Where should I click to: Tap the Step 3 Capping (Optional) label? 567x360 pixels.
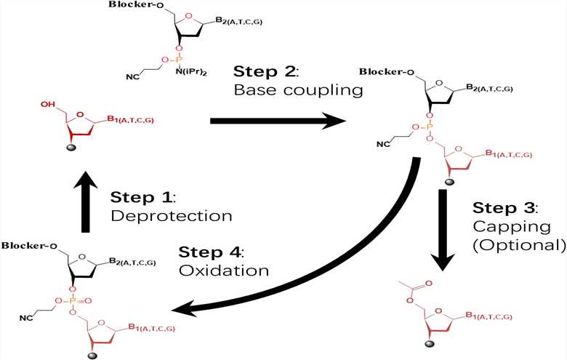518,226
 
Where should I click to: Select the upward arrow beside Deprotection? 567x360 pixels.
87,201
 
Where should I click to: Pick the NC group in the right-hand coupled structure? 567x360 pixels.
385,144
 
